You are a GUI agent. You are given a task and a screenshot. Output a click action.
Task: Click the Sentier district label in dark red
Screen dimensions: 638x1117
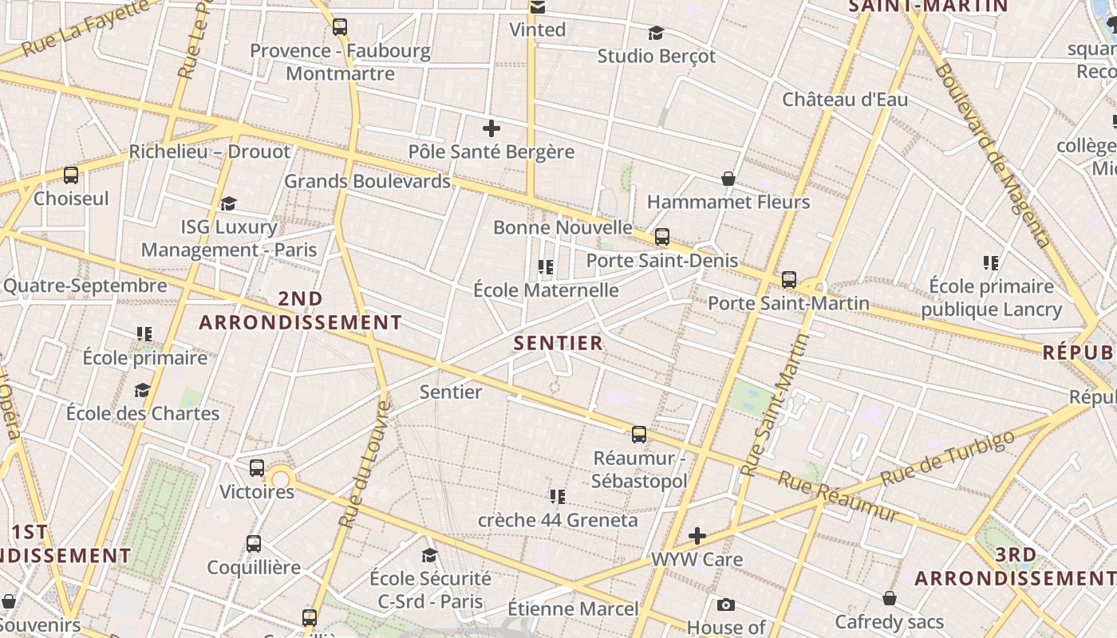click(558, 344)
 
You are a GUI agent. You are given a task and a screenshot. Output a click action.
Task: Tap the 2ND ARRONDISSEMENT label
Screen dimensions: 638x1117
click(301, 311)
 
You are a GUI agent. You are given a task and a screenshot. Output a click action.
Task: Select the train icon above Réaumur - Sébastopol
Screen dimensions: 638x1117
click(639, 435)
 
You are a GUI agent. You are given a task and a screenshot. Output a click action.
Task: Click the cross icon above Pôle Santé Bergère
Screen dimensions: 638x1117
click(491, 128)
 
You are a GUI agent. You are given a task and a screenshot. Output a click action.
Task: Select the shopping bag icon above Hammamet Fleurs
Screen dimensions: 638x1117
click(728, 179)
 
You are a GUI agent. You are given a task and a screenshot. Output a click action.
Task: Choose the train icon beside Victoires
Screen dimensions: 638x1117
click(257, 468)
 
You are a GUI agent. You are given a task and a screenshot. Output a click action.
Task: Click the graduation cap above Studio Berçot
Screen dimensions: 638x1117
click(656, 33)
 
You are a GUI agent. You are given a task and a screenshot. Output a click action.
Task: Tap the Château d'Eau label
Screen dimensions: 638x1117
click(845, 100)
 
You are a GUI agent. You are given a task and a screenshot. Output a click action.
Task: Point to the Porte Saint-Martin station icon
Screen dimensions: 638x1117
click(789, 280)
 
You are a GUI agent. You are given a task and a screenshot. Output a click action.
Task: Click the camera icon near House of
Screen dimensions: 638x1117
click(725, 605)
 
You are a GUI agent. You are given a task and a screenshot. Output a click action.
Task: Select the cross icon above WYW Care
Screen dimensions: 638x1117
click(697, 535)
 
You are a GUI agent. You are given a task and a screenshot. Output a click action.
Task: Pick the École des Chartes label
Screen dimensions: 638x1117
click(143, 413)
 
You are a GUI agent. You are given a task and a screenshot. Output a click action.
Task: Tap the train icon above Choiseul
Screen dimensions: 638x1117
click(71, 175)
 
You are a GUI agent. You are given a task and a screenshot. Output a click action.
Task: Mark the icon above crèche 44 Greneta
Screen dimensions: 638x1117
click(557, 497)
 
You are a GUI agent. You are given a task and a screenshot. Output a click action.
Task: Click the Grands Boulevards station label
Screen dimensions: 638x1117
click(368, 181)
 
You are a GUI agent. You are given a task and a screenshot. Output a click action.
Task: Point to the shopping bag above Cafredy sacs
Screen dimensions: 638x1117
click(890, 598)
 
